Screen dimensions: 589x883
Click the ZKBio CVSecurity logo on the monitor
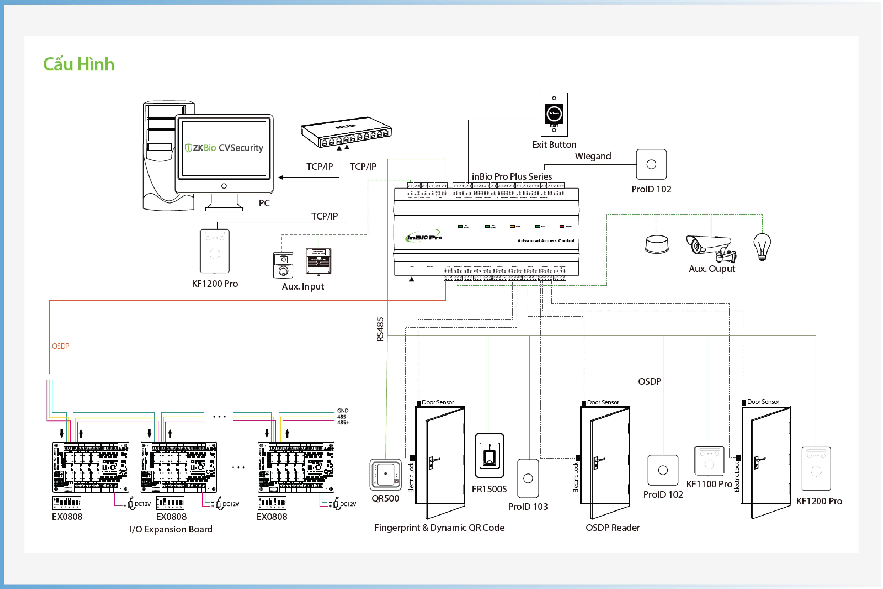point(224,148)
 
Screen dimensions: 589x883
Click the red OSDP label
point(60,346)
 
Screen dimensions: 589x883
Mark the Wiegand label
point(593,156)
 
